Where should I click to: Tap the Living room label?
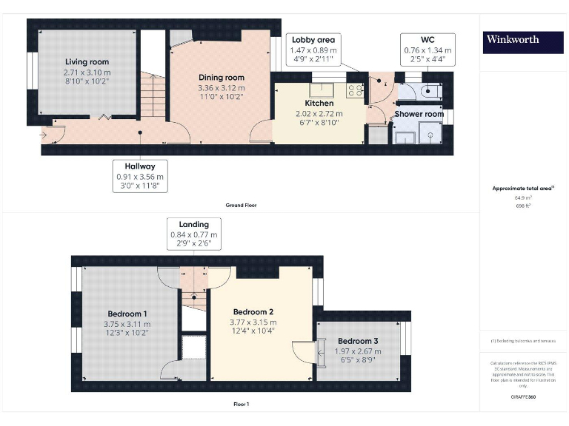(87, 61)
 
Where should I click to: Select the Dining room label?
(221, 77)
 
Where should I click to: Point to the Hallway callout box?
(141, 176)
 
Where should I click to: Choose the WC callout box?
(427, 49)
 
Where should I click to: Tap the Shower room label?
(419, 114)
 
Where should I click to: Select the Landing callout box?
(193, 234)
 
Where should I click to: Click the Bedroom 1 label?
(127, 314)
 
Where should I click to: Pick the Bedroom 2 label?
(253, 311)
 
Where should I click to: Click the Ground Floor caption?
(241, 205)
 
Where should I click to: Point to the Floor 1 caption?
(241, 404)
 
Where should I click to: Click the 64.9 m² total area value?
(523, 198)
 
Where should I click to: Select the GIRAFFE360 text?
(523, 396)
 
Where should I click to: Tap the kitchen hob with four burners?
(354, 91)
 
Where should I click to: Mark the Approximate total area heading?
(522, 189)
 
